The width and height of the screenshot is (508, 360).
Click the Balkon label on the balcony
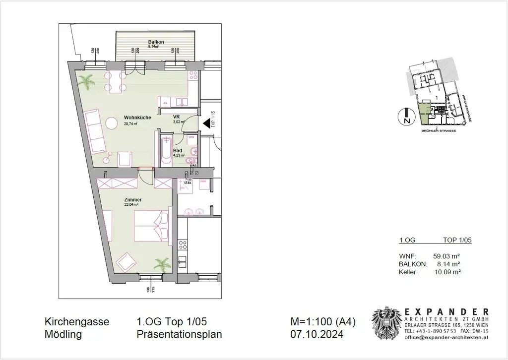156,42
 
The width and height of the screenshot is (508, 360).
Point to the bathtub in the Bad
164,149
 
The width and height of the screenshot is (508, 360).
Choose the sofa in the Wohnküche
95,131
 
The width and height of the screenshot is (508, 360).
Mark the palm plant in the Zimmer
161,262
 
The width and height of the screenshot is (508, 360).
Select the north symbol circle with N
405,117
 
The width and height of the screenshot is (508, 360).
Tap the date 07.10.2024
317,335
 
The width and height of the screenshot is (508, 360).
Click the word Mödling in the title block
63,335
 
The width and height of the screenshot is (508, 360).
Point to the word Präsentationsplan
179,335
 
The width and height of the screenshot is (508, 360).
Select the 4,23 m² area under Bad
179,155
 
